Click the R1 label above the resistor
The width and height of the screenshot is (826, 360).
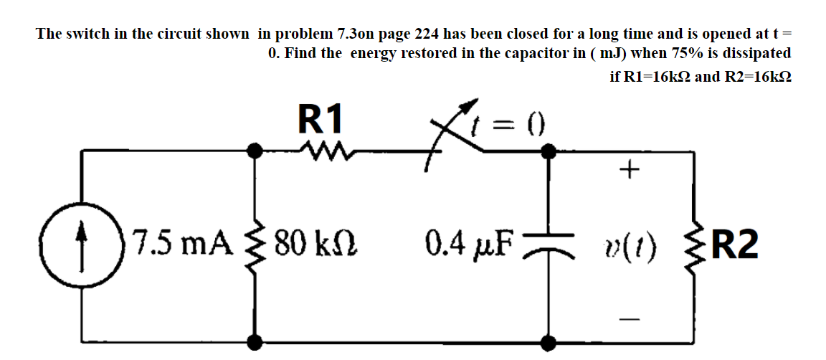click(321, 118)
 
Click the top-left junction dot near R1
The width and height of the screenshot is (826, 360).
click(253, 150)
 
